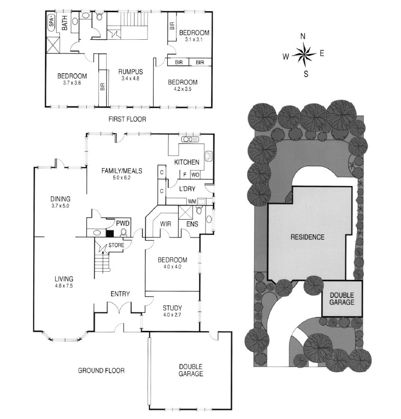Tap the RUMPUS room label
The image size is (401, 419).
131,71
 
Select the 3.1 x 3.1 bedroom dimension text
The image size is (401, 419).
194,39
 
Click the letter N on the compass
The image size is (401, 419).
303,36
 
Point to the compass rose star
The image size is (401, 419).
304,55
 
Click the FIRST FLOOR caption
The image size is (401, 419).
128,119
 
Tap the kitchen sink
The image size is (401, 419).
190,139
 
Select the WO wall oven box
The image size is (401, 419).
195,175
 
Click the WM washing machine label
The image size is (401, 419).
191,201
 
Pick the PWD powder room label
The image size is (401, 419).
122,223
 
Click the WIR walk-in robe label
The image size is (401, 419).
166,224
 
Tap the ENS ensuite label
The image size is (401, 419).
192,224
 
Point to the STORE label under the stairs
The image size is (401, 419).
116,245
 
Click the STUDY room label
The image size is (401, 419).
172,308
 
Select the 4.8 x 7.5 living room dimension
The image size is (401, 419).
64,285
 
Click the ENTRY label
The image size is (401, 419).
120,294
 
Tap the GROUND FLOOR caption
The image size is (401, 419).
101,371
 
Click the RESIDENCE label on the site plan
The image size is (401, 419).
307,237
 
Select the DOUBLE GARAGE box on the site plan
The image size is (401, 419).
342,299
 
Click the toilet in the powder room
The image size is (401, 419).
123,232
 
